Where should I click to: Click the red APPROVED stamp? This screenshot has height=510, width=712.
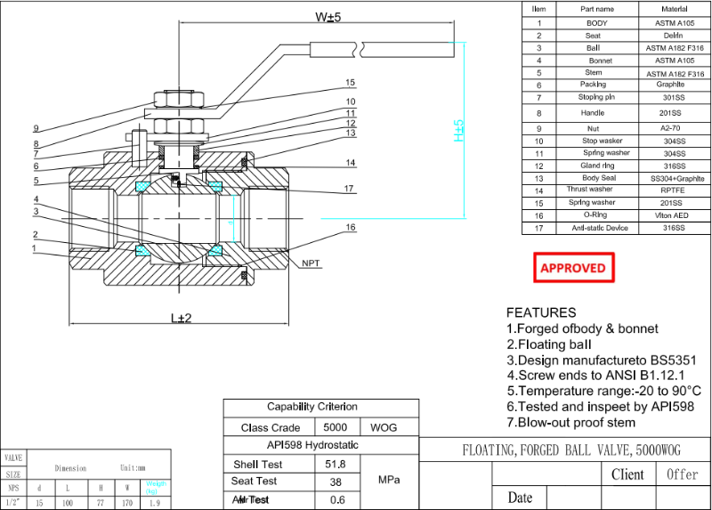tap(573, 268)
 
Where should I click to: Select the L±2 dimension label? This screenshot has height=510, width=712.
tap(181, 318)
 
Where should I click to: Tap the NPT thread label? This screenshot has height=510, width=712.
tap(311, 263)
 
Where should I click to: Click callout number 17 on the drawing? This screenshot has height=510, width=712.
tap(350, 188)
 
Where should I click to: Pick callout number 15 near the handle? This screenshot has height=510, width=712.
tap(350, 83)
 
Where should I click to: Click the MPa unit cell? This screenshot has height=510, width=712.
tap(388, 481)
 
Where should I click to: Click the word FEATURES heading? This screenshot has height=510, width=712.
tap(541, 312)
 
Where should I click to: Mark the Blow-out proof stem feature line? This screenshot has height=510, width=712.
tap(570, 423)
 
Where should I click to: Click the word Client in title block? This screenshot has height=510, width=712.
tap(627, 474)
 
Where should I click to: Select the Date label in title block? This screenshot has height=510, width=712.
tap(520, 498)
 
